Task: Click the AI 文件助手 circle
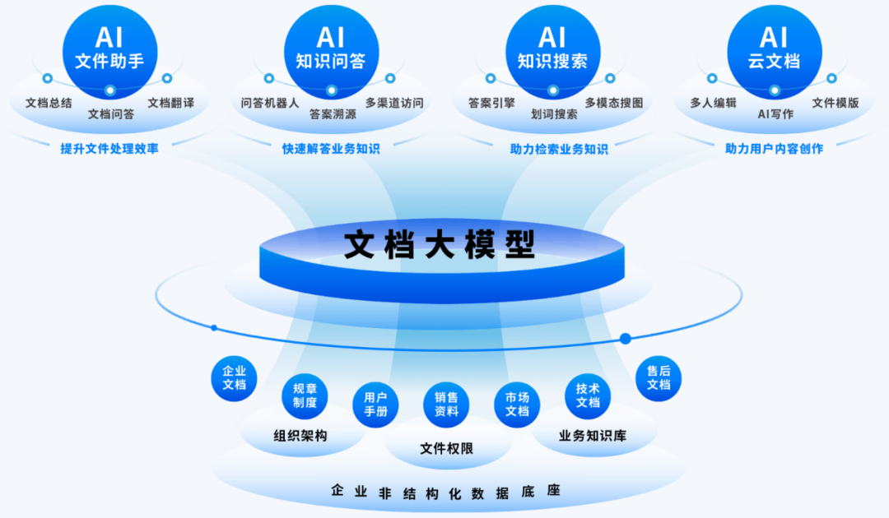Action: pos(109,47)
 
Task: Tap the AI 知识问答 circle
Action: pos(331,47)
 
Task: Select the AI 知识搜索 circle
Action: pos(552,47)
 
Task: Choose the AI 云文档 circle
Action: pos(774,47)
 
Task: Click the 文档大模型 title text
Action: pos(440,244)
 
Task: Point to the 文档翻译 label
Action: pos(171,103)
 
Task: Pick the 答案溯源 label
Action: pos(333,114)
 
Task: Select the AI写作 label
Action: pos(775,114)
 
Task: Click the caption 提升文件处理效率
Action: pos(109,149)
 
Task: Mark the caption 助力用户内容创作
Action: pos(774,149)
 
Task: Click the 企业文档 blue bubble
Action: pos(235,377)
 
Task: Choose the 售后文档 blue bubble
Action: pos(659,377)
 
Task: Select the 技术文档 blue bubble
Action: pos(588,395)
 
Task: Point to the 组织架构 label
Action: pos(300,436)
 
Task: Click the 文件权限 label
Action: pos(446,448)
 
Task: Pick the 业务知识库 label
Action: pos(593,436)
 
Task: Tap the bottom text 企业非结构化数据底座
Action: pos(445,492)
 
